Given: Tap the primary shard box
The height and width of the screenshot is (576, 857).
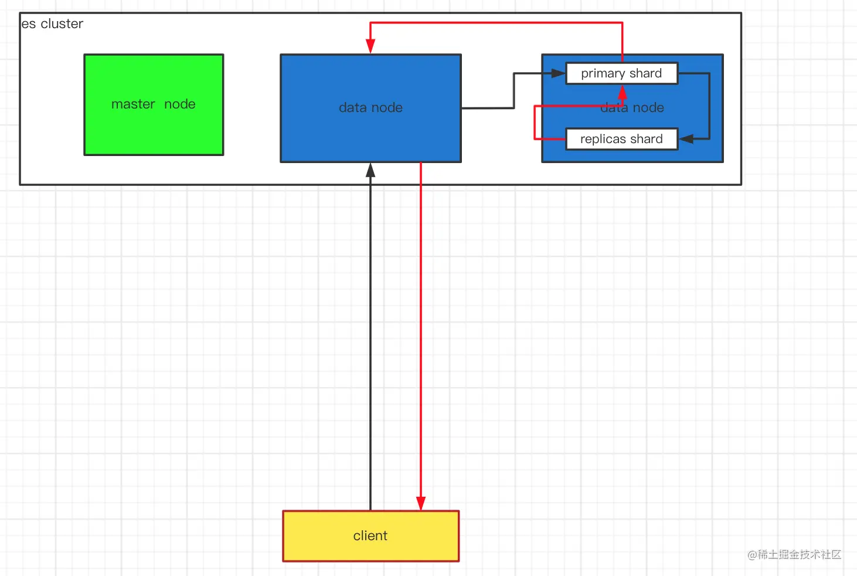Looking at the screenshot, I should [621, 73].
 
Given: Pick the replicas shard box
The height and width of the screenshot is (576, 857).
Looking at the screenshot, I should [621, 139].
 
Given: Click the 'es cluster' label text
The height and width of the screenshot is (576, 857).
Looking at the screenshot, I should [52, 24].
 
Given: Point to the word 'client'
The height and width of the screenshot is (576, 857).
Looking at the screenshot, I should [370, 536].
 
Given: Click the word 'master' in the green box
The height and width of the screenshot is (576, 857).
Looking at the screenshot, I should [133, 104].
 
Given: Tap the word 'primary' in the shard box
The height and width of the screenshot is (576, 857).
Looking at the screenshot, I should [603, 74].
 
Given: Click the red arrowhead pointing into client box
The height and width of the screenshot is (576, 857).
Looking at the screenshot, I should [421, 504].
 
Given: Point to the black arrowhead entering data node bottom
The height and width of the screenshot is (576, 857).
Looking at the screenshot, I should [370, 170].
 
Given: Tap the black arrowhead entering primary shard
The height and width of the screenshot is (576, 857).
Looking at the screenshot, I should [558, 73].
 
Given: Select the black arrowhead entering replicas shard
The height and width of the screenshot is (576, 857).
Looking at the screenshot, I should [686, 139].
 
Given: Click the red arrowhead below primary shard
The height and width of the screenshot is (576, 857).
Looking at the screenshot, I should [623, 92].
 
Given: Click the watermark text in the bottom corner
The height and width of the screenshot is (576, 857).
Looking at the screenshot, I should [794, 554].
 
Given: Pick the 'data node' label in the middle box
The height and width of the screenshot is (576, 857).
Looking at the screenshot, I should [370, 108].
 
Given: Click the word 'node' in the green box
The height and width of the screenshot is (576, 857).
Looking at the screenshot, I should [179, 104].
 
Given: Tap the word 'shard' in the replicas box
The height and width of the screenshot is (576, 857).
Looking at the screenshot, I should [647, 139].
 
